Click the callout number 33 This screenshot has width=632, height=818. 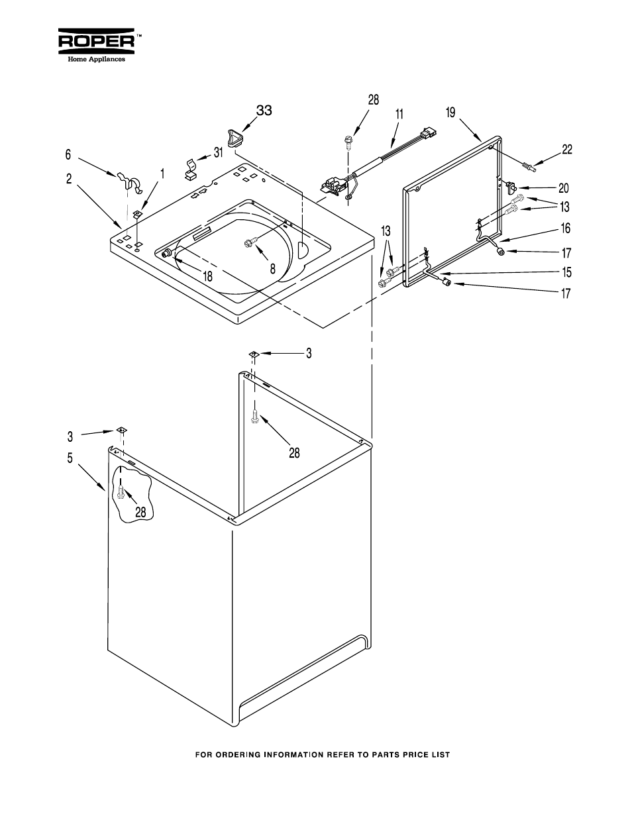click(x=264, y=111)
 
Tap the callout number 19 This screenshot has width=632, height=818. click(x=450, y=113)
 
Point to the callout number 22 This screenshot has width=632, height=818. click(x=567, y=150)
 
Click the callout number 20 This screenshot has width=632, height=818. click(x=564, y=188)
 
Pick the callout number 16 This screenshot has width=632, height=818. click(x=566, y=229)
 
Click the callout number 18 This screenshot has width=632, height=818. click(x=208, y=277)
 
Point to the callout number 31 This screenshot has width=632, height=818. click(x=218, y=153)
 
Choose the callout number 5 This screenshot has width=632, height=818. click(x=70, y=457)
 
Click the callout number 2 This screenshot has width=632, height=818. click(x=69, y=178)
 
